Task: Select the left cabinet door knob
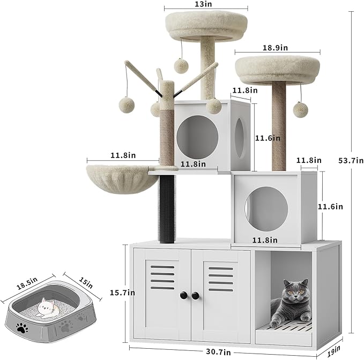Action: point(182,295)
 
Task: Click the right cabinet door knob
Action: point(195,295)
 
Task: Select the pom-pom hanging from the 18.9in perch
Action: point(299,109)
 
